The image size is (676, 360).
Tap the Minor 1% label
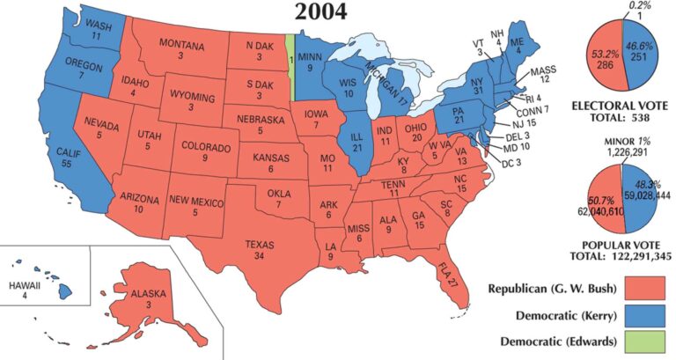(x=626, y=143)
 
